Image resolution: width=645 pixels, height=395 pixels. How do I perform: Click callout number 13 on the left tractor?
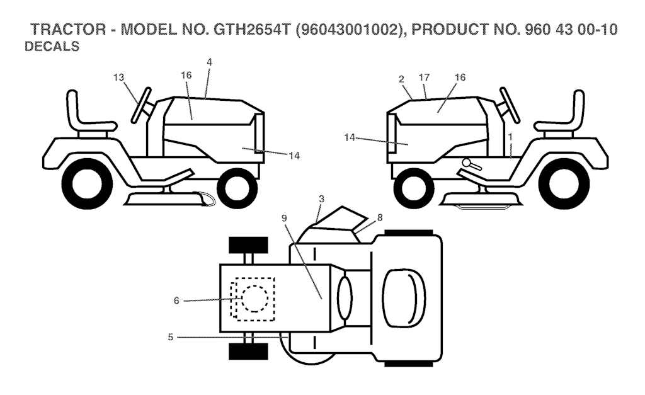click(x=119, y=77)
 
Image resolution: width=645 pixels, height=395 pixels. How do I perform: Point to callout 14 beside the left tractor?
click(x=293, y=155)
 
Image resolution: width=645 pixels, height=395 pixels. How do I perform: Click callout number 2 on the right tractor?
click(x=401, y=79)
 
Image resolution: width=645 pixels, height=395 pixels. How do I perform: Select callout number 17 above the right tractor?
click(x=424, y=77)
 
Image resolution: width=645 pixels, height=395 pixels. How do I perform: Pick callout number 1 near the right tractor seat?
click(x=511, y=135)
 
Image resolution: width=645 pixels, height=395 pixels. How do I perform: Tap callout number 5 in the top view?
click(x=171, y=337)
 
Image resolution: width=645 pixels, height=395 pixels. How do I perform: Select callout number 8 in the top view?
click(x=379, y=217)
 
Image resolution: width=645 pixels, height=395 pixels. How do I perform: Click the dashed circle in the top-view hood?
click(x=254, y=297)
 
